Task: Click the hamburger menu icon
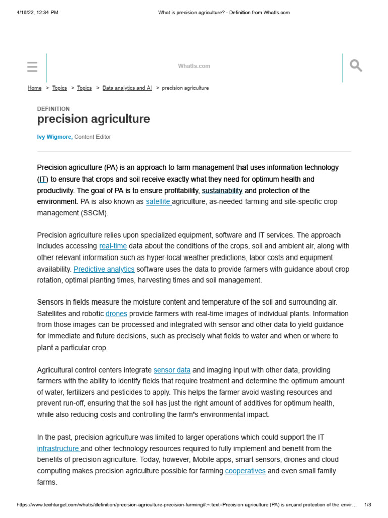tap(32, 67)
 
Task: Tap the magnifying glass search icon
tap(356, 66)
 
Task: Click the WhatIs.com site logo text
tap(194, 66)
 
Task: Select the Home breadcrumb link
tap(34, 88)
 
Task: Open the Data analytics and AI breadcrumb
tap(127, 88)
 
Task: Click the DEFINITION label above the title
tap(54, 109)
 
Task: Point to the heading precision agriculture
tap(93, 119)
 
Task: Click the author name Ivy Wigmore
tap(55, 137)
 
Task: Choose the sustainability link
tap(222, 191)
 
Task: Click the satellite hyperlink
tap(158, 202)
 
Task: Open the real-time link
tap(113, 246)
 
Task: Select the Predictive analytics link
tap(104, 269)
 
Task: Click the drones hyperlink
tap(116, 314)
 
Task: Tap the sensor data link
tap(172, 370)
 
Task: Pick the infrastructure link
tap(58, 449)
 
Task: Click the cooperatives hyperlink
tap(245, 471)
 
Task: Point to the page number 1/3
tap(368, 505)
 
